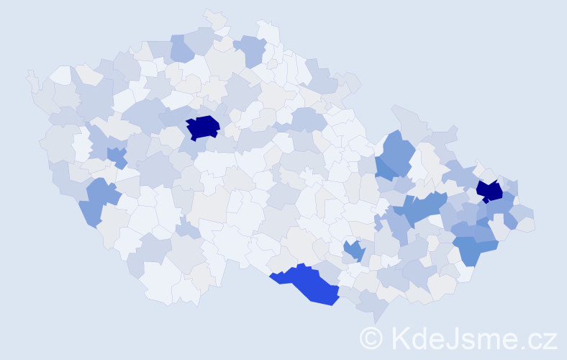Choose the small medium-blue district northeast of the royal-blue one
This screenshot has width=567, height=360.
pyautogui.click(x=353, y=251)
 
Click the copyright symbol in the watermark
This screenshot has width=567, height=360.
pyautogui.click(x=371, y=338)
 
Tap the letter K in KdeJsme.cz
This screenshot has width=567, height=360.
pyautogui.click(x=399, y=338)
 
